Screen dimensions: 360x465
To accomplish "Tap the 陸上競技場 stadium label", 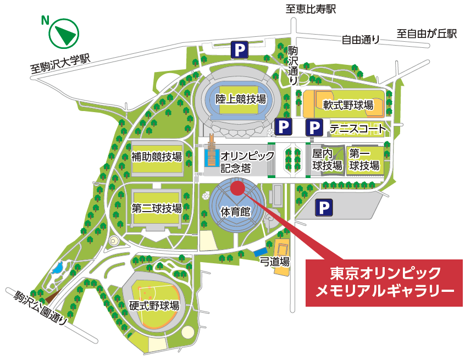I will (x=241, y=99).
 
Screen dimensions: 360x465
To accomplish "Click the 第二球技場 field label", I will (x=156, y=209).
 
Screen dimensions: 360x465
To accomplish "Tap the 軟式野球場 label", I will (x=348, y=104).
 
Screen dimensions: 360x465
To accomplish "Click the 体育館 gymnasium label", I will (x=236, y=212).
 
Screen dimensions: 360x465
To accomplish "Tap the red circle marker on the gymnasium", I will (x=237, y=188).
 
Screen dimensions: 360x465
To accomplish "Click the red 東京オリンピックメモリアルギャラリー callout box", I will (x=385, y=281).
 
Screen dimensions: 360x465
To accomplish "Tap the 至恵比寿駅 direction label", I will (x=310, y=9).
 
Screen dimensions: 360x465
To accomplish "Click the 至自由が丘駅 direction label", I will (x=427, y=34).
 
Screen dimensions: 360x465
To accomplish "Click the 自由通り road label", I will (x=361, y=39).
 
